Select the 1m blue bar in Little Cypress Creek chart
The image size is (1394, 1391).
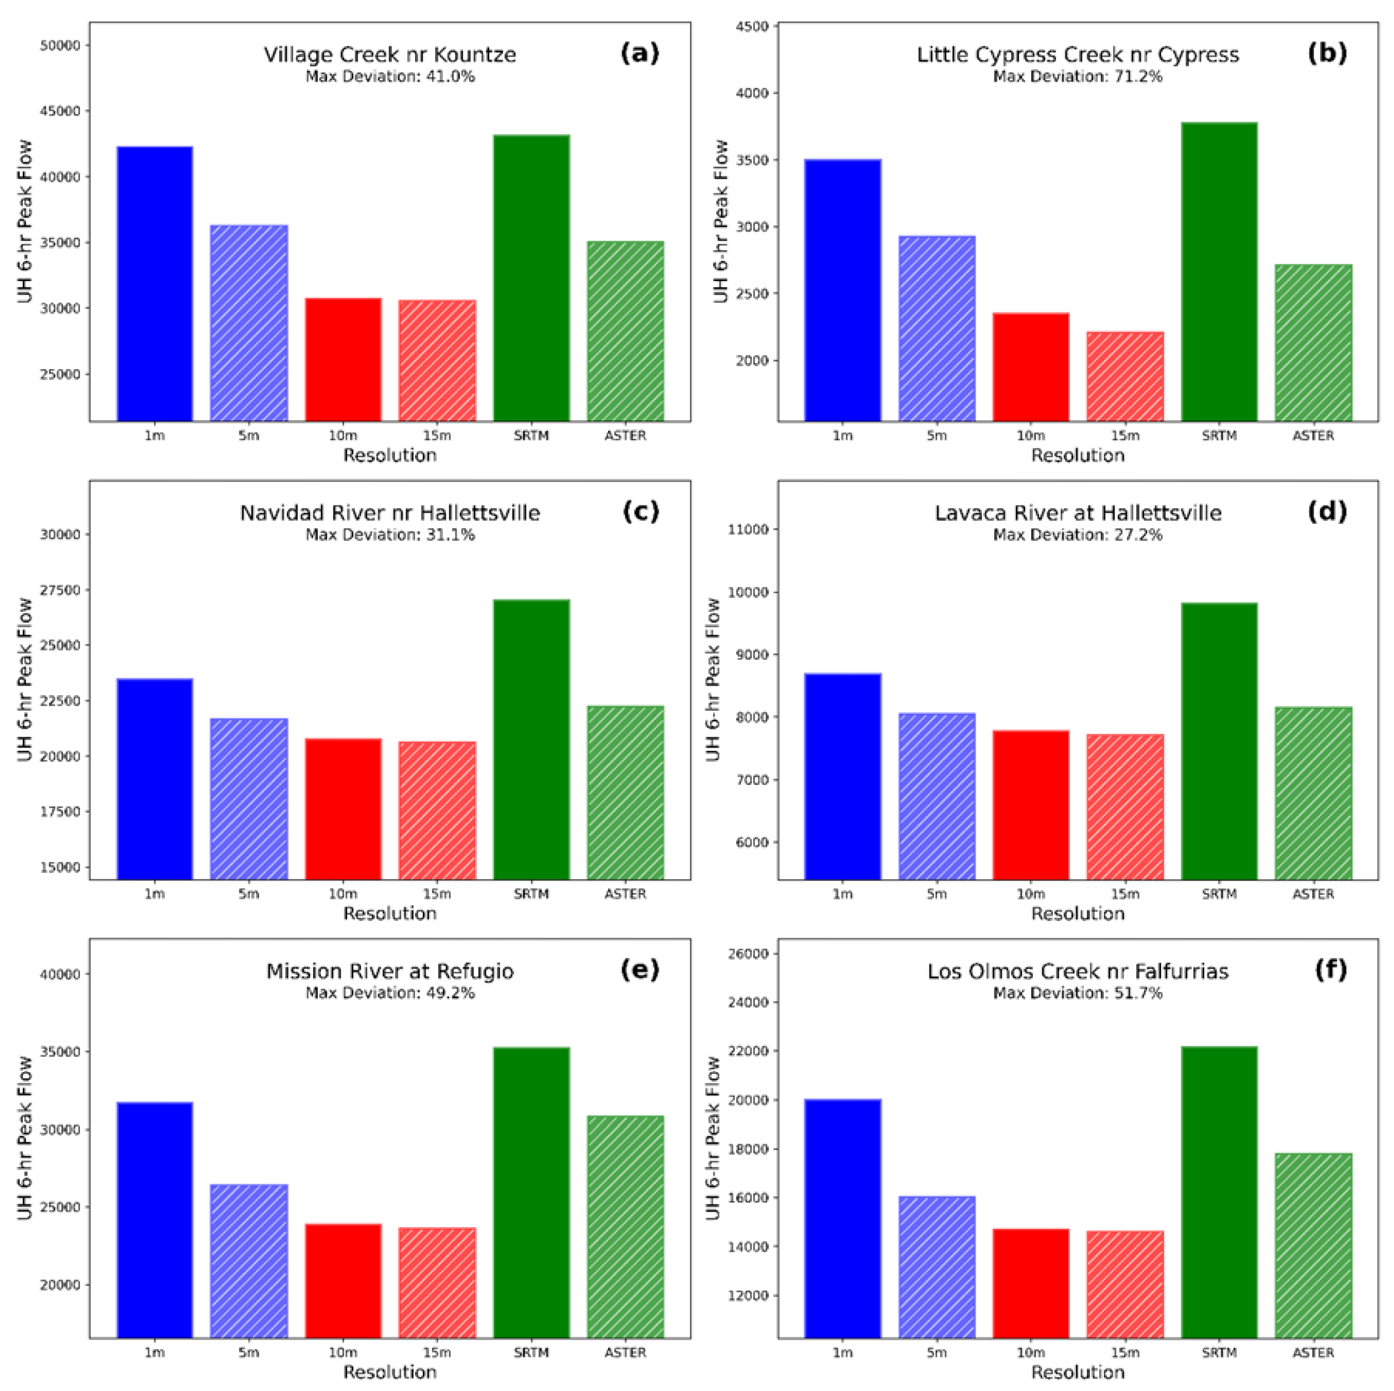(843, 290)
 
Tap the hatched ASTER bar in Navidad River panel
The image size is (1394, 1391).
(626, 793)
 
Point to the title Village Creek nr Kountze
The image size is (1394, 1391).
(390, 55)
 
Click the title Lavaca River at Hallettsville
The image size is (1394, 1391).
(1078, 513)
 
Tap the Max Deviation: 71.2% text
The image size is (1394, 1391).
(1078, 77)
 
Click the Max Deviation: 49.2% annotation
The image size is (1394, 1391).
(390, 993)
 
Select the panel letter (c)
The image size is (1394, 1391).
(640, 512)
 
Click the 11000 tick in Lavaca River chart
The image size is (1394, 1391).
(750, 530)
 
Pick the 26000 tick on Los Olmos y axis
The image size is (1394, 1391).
(750, 954)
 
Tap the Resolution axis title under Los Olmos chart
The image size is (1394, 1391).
(1078, 1372)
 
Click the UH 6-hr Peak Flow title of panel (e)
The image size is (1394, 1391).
(25, 1138)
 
